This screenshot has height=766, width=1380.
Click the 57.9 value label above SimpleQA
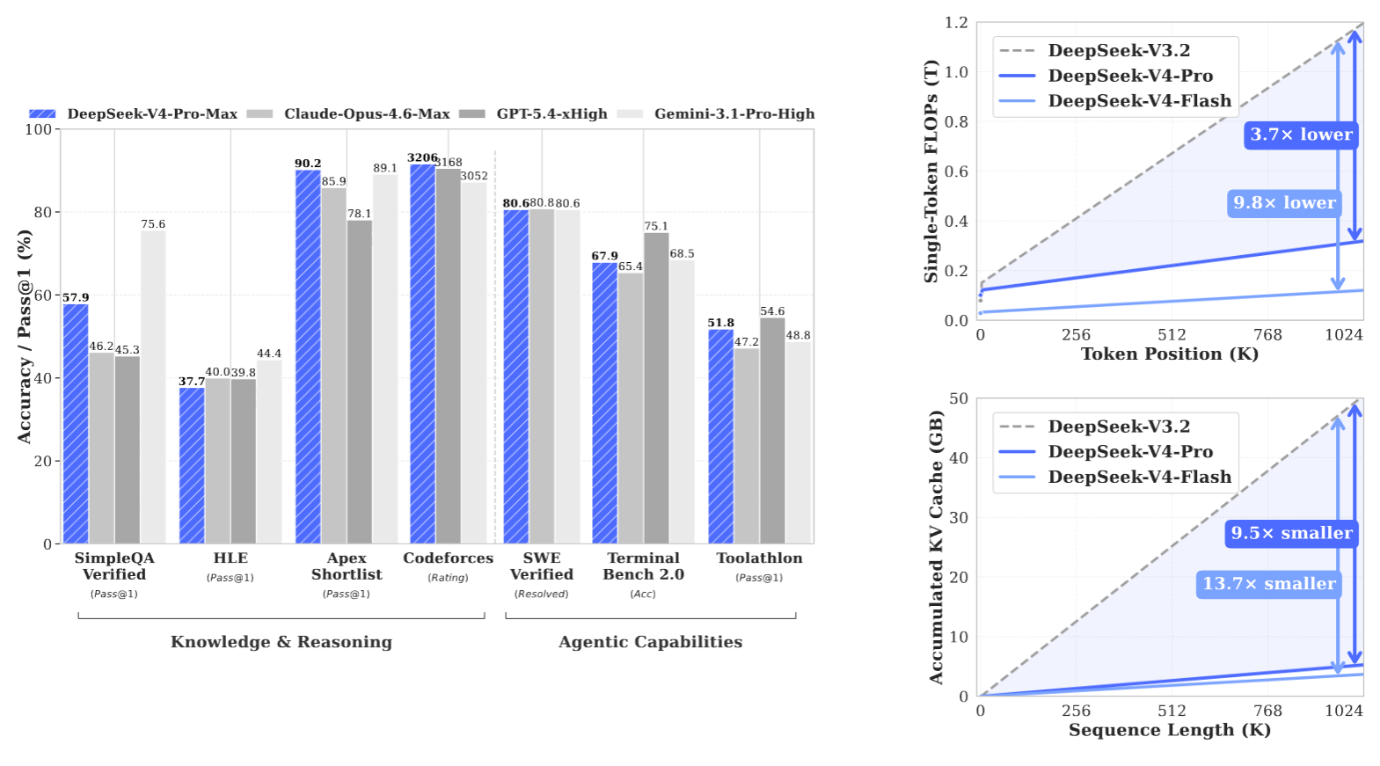tap(76, 297)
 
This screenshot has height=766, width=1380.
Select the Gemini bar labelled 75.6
tap(153, 387)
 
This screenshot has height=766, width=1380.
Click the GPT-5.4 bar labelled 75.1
tap(656, 387)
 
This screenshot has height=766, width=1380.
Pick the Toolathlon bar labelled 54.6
tap(772, 430)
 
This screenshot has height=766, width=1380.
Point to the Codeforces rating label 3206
tap(422, 157)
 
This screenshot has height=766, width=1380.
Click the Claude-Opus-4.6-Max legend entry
tap(366, 113)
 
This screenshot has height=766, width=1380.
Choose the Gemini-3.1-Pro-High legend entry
tap(734, 113)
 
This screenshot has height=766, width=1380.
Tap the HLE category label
tap(230, 558)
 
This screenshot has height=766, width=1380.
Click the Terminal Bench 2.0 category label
tap(643, 566)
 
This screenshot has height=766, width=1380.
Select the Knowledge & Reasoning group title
tap(281, 642)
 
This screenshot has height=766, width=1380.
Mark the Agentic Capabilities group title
tap(650, 642)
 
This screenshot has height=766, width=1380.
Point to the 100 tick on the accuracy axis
tap(38, 129)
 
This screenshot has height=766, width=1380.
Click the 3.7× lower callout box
tap(1301, 135)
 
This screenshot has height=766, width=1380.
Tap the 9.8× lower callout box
tap(1284, 203)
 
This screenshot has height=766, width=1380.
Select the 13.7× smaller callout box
tap(1268, 584)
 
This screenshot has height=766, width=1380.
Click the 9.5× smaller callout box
tap(1291, 533)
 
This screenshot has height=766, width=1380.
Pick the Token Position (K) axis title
tap(1169, 354)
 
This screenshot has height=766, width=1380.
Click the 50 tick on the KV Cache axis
tap(958, 399)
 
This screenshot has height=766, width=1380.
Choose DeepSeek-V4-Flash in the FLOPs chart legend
tap(1139, 101)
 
